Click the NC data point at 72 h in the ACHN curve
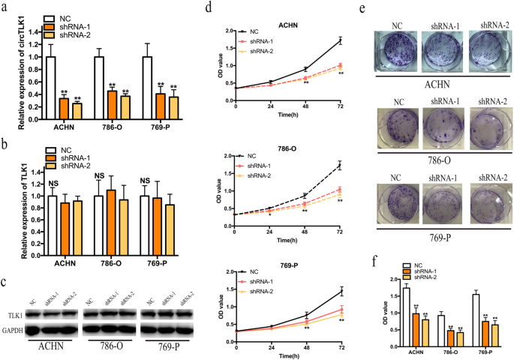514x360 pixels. pos(340,40)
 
